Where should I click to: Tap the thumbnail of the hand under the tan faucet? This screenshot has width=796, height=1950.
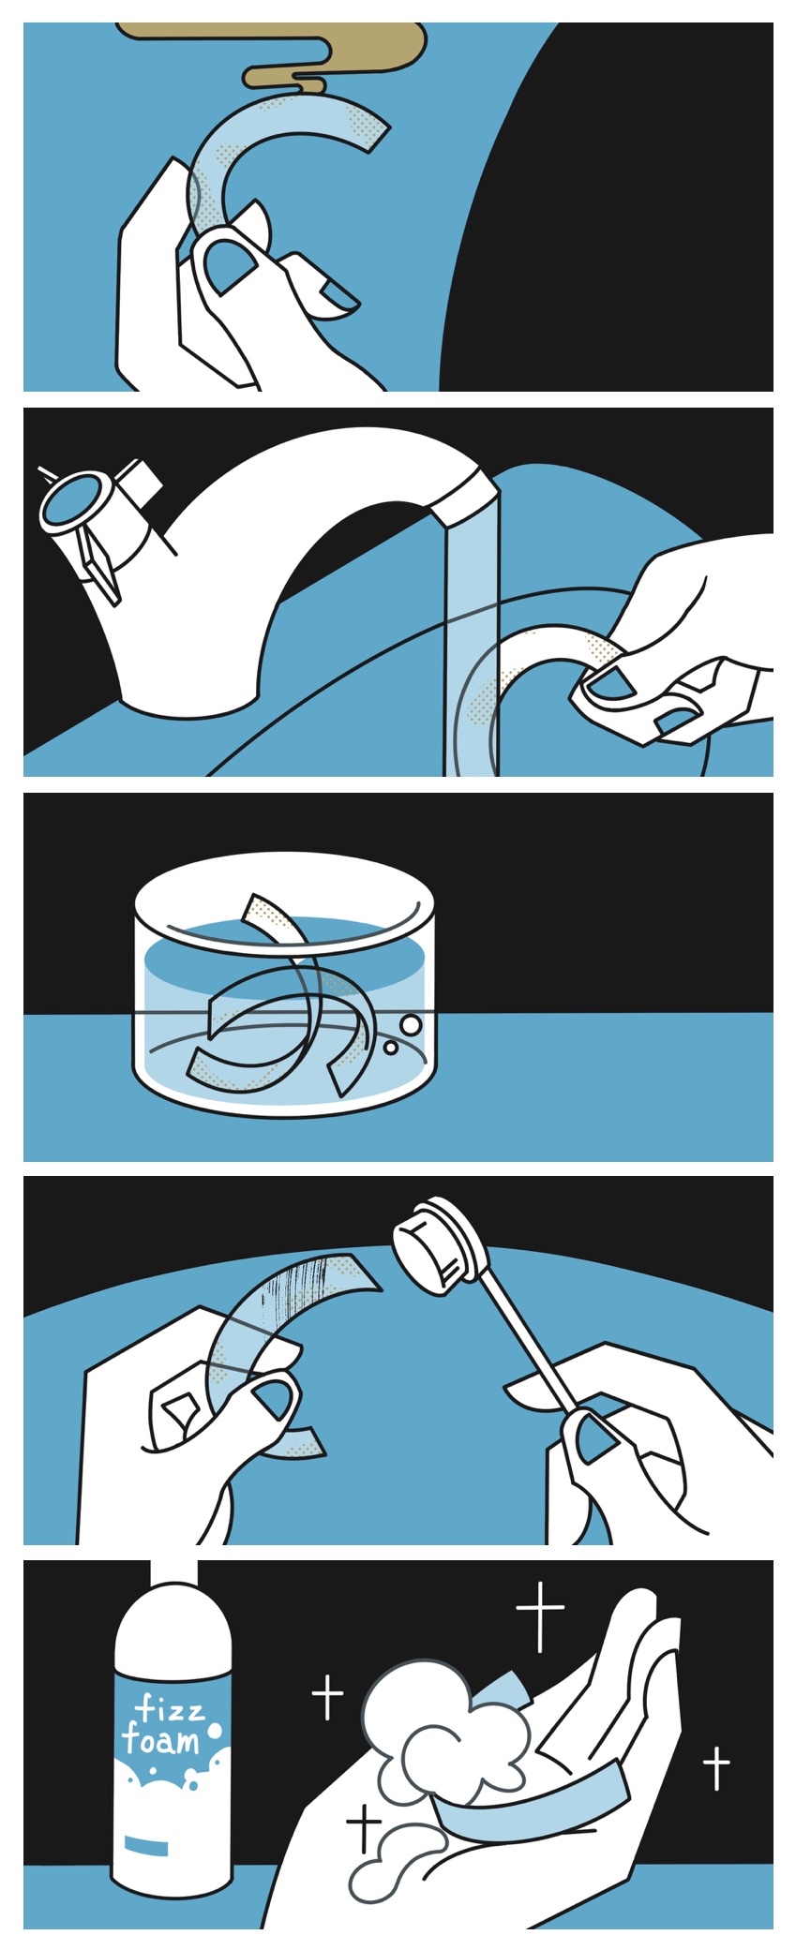(230, 264)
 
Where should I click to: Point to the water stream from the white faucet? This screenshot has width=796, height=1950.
(472, 637)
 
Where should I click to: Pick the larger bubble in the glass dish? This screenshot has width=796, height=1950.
(412, 1026)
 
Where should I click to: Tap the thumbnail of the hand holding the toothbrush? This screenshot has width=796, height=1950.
(594, 1438)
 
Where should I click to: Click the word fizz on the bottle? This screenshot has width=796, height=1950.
(170, 1710)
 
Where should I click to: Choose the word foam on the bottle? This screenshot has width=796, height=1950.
(160, 1741)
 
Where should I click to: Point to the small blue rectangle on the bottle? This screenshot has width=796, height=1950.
(147, 1847)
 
